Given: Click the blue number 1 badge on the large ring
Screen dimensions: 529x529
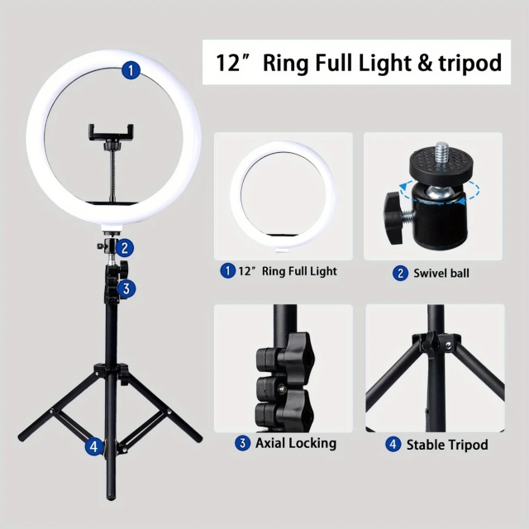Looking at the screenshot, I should (130, 71).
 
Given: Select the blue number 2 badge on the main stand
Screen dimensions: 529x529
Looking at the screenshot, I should (124, 246).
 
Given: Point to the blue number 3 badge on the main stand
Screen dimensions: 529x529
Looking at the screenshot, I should (126, 288).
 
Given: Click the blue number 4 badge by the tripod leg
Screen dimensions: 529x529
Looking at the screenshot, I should (94, 446).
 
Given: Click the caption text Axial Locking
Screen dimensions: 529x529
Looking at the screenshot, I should (295, 443).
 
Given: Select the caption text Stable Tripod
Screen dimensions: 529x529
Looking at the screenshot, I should (447, 445).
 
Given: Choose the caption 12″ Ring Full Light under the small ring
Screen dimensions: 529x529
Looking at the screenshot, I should (287, 271).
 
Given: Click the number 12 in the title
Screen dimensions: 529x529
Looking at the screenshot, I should (228, 63).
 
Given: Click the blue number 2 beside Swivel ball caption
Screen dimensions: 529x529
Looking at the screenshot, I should (400, 272).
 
